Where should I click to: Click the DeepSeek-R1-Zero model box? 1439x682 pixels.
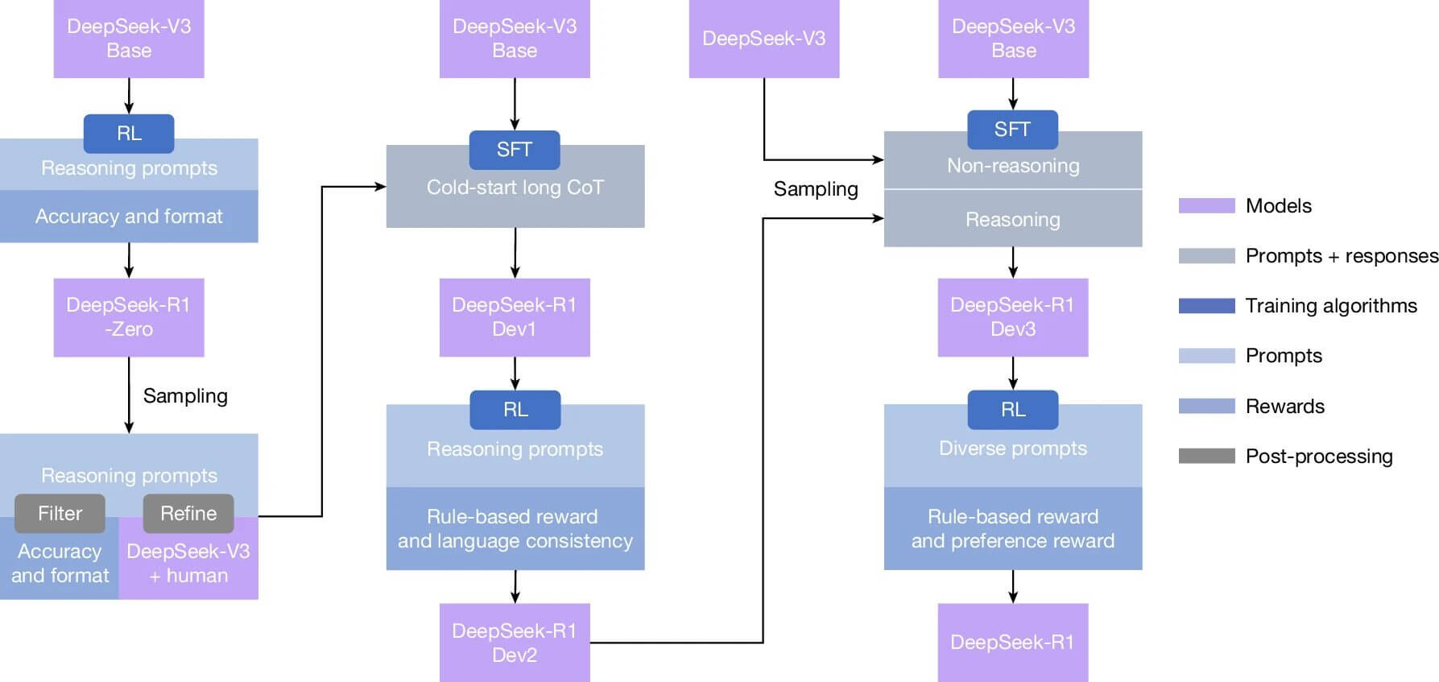tap(129, 317)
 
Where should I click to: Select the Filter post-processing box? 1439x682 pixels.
tap(60, 514)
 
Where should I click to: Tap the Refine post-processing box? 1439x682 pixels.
tap(188, 514)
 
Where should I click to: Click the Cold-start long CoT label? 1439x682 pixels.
tap(515, 188)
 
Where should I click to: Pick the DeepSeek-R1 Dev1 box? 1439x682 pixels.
tap(515, 317)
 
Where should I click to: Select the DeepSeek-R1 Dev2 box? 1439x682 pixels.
tap(515, 643)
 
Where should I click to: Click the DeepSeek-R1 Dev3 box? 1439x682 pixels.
tap(1013, 317)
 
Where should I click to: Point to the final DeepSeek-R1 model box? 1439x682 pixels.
tap(1013, 643)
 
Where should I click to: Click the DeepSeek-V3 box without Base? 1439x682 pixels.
tap(763, 39)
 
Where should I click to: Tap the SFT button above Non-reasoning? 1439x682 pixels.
tap(1012, 130)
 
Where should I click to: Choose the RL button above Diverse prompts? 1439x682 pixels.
tap(1013, 410)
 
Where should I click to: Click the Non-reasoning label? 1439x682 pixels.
tap(1013, 166)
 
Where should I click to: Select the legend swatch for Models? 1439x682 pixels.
tap(1206, 206)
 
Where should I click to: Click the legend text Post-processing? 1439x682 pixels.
tap(1318, 457)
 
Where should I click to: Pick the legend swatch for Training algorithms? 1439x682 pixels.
tap(1206, 306)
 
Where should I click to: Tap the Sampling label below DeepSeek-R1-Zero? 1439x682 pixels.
tap(185, 396)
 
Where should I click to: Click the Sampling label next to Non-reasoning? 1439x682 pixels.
tap(816, 189)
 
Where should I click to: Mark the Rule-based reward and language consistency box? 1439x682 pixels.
tap(515, 529)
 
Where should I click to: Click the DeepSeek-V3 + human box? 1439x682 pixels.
tap(188, 564)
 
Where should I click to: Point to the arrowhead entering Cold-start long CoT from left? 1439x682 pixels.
tap(381, 187)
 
